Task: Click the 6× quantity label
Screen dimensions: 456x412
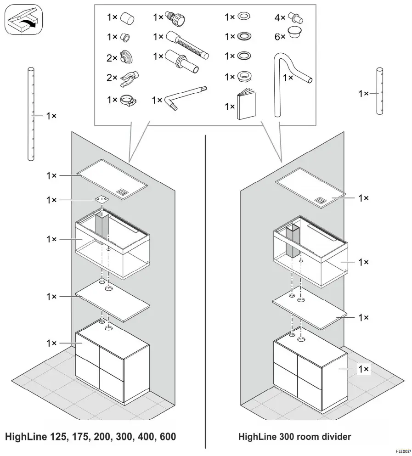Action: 280,36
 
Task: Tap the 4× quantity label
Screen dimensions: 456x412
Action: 280,18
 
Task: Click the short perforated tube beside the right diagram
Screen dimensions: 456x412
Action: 379,91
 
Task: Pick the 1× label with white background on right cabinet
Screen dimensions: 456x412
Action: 363,368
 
